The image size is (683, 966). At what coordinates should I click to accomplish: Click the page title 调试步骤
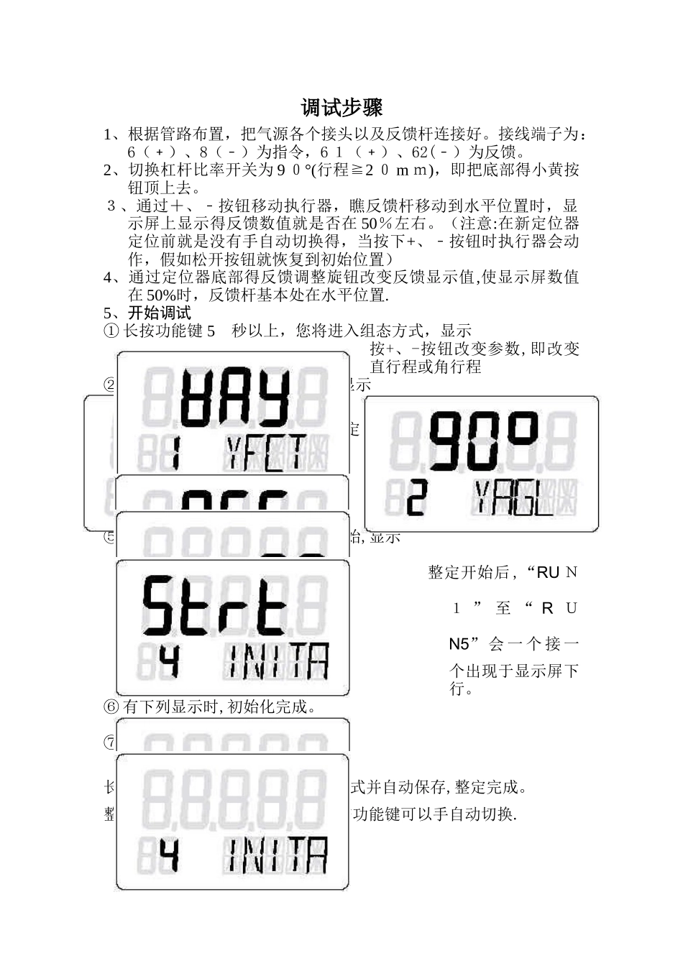[x=341, y=108]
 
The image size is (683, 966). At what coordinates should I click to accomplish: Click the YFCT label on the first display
[x=267, y=453]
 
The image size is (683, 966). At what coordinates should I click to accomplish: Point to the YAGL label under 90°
[x=513, y=498]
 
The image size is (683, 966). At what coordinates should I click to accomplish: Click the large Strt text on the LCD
[x=214, y=605]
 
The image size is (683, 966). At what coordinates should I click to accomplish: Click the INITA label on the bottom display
[x=278, y=855]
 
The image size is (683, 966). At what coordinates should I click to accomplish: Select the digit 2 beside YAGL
[x=417, y=497]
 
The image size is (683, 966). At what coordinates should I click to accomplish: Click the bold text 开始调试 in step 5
[x=160, y=313]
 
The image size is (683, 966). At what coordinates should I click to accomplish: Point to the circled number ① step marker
[x=111, y=331]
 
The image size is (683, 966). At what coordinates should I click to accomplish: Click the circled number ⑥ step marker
[x=111, y=707]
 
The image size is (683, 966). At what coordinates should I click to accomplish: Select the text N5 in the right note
[x=459, y=644]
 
